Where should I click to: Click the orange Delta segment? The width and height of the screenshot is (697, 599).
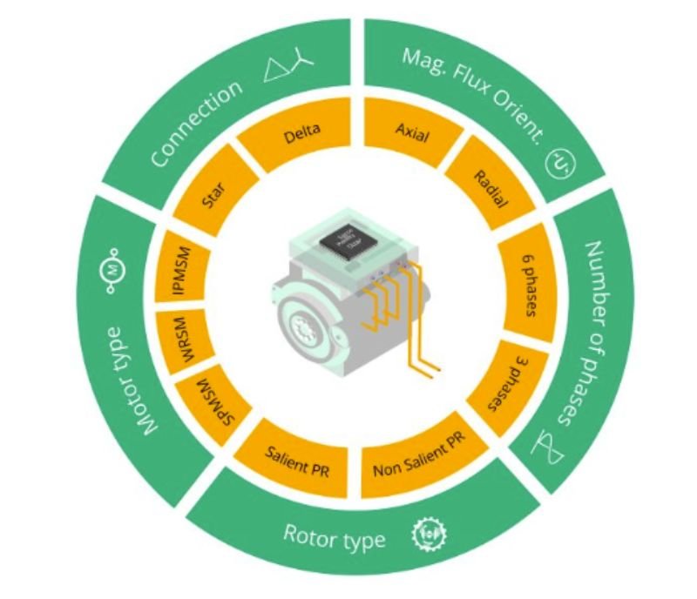point(301,133)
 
